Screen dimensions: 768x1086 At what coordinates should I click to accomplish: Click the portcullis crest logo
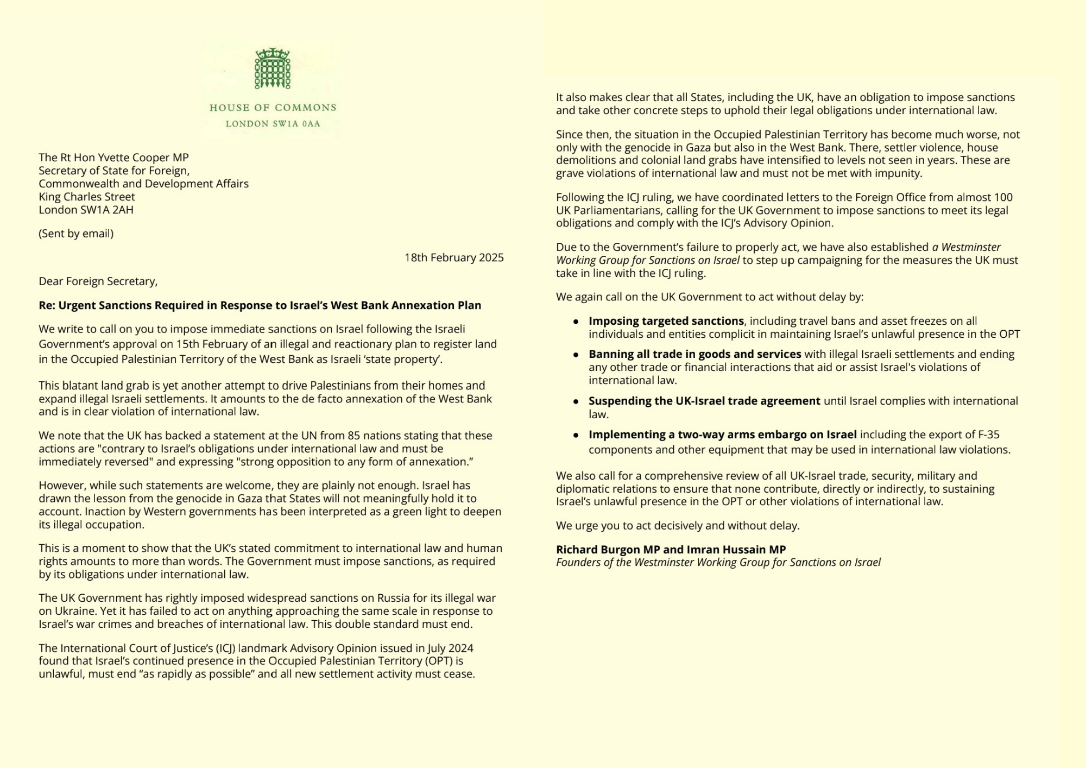tap(273, 68)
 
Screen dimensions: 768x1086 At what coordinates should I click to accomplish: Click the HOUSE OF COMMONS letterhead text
tap(273, 108)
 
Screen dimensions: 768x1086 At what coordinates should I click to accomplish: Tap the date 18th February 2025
tap(454, 257)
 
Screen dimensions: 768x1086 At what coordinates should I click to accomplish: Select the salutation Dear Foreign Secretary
tap(98, 281)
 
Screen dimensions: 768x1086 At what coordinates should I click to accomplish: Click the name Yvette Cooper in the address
tap(137, 158)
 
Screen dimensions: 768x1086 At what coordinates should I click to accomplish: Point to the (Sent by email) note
tap(76, 234)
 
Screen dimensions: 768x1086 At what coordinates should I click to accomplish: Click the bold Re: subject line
tap(260, 305)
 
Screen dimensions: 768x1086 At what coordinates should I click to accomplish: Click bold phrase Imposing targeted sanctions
tap(666, 321)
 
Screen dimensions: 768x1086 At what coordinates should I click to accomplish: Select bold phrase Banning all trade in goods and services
tap(694, 354)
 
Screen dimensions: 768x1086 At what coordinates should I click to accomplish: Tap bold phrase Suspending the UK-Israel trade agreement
tap(704, 401)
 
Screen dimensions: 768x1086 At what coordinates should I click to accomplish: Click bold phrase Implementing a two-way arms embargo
tap(722, 435)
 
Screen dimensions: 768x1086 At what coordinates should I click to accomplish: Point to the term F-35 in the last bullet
tap(988, 435)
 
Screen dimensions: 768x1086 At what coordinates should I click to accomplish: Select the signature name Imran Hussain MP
tap(736, 550)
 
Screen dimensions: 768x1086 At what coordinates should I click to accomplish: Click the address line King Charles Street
tap(87, 197)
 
